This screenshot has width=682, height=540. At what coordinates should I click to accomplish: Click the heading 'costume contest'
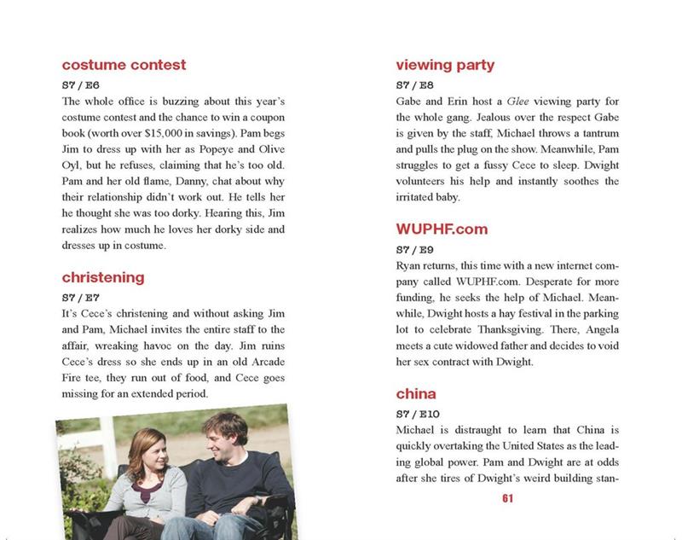pyautogui.click(x=124, y=65)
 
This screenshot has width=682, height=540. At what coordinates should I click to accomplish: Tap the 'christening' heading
pyautogui.click(x=103, y=277)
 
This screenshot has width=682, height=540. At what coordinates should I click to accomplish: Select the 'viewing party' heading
pyautogui.click(x=445, y=65)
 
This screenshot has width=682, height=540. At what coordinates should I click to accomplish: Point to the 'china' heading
pyautogui.click(x=416, y=394)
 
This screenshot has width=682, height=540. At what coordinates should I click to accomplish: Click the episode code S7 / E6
pyautogui.click(x=81, y=84)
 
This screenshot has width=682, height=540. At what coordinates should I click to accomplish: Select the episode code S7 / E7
pyautogui.click(x=81, y=297)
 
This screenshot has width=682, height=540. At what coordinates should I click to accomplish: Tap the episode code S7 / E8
pyautogui.click(x=415, y=84)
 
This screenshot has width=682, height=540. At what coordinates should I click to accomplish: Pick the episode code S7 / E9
pyautogui.click(x=415, y=249)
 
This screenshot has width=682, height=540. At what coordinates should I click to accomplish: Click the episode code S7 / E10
pyautogui.click(x=418, y=414)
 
